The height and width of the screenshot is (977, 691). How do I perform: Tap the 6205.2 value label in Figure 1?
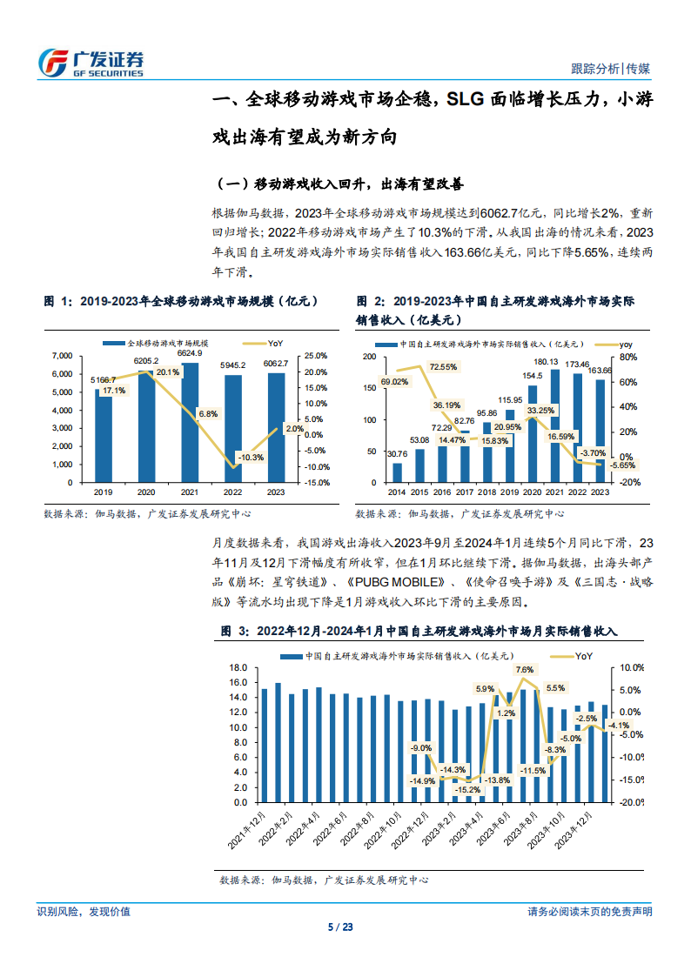tap(146, 360)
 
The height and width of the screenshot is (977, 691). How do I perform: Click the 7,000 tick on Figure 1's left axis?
tap(62, 356)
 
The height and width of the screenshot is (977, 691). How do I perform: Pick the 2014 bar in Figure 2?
tap(397, 472)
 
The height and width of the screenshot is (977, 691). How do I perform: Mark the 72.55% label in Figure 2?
tap(442, 367)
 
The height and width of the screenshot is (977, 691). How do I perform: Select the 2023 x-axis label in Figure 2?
tap(600, 492)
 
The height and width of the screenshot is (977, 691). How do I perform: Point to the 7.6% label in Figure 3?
tap(524, 670)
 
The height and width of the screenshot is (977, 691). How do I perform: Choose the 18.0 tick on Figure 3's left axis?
tap(238, 668)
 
